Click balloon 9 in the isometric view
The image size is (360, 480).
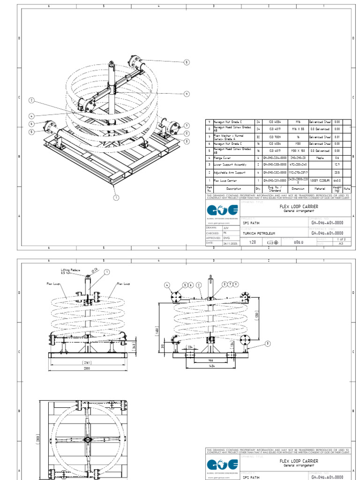pyautogui.click(x=187, y=94)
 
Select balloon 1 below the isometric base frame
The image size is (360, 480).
pyautogui.click(x=115, y=197)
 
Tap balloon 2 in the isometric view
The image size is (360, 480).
pyautogui.click(x=32, y=100)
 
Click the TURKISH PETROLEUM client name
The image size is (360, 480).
pyautogui.click(x=259, y=233)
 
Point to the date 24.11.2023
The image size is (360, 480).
pyautogui.click(x=231, y=243)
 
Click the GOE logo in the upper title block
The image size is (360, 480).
pyautogui.click(x=222, y=210)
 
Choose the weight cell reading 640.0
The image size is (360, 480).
pyautogui.click(x=337, y=180)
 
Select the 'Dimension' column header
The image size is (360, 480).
pyautogui.click(x=298, y=188)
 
